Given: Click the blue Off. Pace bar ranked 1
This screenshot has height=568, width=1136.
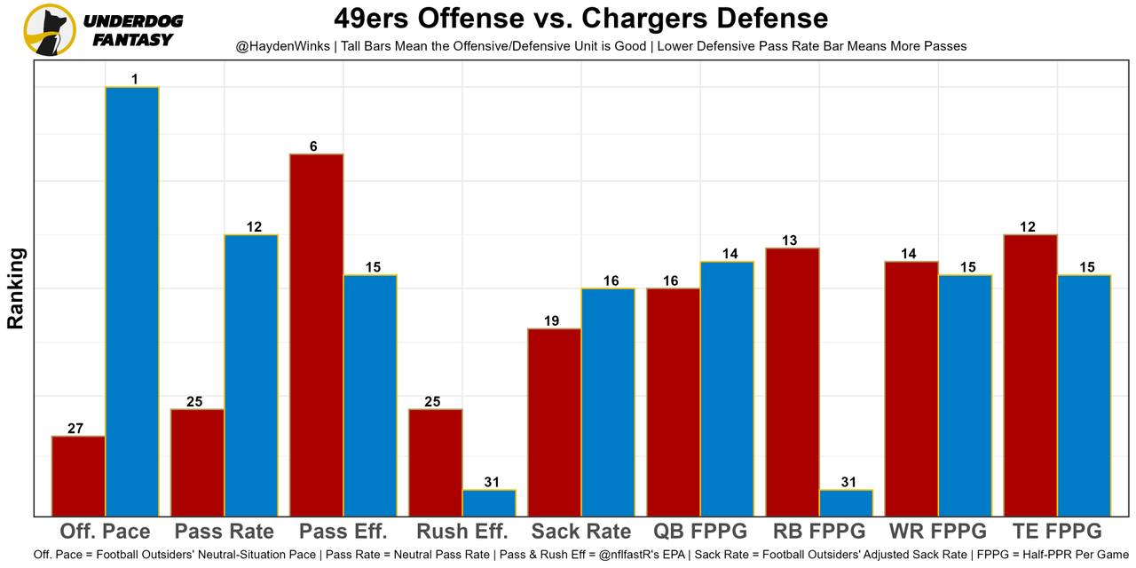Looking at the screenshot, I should click(132, 301).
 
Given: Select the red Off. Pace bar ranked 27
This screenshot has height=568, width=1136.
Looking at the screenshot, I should click(78, 476).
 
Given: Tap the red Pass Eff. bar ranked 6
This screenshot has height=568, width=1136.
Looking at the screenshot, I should click(317, 335).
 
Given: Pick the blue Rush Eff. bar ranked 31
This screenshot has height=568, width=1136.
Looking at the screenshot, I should click(489, 502).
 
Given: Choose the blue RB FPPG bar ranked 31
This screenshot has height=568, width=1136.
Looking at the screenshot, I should click(846, 502).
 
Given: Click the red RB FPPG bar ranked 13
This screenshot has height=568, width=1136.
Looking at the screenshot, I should click(793, 382).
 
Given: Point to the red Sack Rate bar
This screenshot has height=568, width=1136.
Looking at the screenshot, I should click(555, 422).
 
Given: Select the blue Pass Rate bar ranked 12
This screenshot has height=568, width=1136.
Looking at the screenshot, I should click(251, 375).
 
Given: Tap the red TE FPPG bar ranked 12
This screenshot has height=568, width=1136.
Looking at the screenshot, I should click(1030, 375).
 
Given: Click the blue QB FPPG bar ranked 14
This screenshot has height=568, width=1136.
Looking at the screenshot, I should click(727, 388).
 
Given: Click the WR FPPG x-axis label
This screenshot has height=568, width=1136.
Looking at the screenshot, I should click(938, 532).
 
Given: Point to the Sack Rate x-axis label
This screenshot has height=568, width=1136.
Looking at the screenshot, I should click(581, 532).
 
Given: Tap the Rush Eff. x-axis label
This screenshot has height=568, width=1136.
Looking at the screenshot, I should click(462, 532).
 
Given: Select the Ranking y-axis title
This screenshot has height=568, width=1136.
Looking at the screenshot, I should click(16, 288).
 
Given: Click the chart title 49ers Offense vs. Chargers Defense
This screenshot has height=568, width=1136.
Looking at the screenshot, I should click(580, 19).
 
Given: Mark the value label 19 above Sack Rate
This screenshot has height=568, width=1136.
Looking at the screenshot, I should click(551, 321).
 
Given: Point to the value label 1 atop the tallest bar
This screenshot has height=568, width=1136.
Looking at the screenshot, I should click(134, 80).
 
